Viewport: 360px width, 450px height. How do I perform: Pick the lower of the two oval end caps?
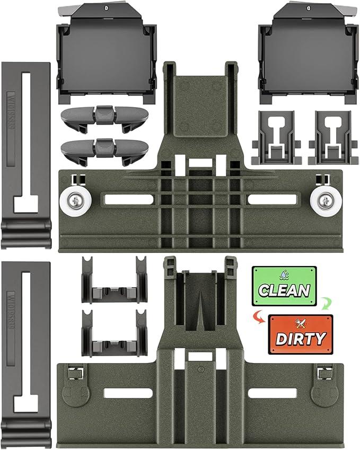(x=103, y=150)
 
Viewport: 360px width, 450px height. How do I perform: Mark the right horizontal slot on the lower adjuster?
(x=273, y=393)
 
